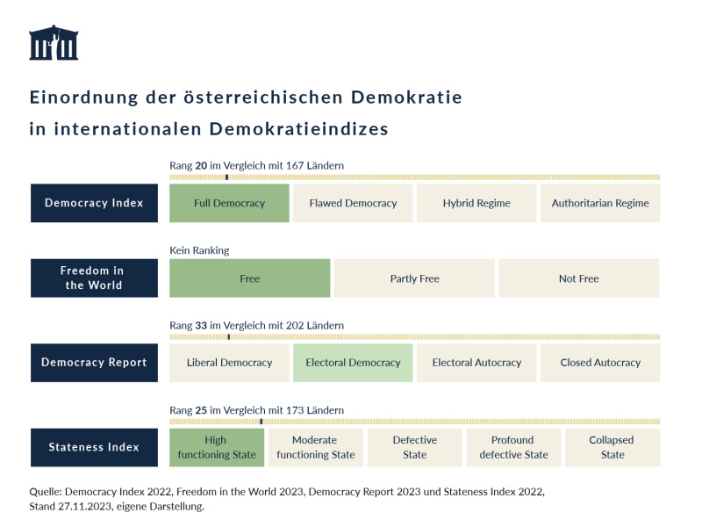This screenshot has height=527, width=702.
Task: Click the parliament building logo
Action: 54,43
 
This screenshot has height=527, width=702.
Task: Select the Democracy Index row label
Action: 94,203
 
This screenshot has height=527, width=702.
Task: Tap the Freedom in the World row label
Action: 94,278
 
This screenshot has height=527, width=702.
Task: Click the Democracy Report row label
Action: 94,363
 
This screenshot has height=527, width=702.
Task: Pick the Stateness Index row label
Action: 94,447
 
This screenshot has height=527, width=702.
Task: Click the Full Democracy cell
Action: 229,203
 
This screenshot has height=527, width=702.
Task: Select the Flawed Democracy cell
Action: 353,203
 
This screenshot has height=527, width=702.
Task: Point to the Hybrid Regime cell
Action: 476,203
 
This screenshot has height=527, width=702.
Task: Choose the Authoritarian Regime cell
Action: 600,203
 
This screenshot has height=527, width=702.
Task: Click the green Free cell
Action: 250,278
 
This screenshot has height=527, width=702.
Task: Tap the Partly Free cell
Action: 414,278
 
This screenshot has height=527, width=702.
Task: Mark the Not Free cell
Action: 578,278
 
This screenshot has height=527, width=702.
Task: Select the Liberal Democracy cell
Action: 229,363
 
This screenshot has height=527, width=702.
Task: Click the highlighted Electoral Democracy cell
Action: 353,363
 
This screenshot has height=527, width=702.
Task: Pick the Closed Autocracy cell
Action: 600,363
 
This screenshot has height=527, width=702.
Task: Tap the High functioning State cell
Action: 217,447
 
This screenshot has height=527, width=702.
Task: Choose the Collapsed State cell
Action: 612,447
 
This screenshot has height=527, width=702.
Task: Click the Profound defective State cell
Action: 513,447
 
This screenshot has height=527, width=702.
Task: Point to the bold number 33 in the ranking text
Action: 201,326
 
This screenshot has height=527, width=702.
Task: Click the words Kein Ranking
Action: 199,250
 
